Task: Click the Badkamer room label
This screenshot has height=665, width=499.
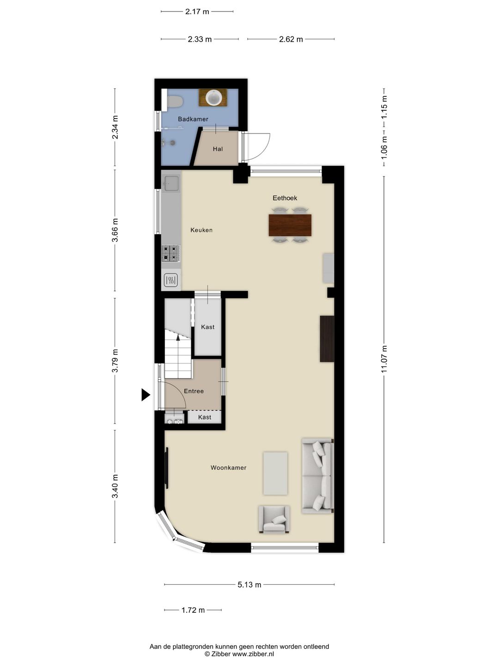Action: [193, 119]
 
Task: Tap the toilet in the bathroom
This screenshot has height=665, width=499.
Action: [174, 101]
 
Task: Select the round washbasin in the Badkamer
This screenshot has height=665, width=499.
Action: [213, 97]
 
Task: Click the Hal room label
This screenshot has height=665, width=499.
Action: [218, 149]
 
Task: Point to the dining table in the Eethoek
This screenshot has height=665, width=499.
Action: [290, 225]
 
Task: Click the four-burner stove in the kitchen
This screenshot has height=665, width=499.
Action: [171, 253]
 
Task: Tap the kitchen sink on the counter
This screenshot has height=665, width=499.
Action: [171, 183]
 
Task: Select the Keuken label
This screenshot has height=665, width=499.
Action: [201, 230]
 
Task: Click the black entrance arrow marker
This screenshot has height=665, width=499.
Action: [146, 395]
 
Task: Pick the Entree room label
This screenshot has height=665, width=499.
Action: [194, 391]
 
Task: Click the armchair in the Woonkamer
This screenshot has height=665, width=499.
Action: [274, 520]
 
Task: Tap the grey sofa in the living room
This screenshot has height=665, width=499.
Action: [317, 476]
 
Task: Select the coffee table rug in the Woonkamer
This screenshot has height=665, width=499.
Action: [275, 473]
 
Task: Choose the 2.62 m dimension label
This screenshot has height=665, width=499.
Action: [291, 39]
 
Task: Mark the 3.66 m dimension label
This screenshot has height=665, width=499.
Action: [115, 230]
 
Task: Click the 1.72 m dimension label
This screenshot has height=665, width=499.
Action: [193, 610]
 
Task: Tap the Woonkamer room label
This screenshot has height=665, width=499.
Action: [228, 467]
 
